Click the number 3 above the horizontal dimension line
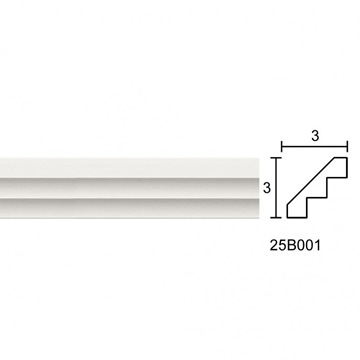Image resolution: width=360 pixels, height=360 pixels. pyautogui.click(x=315, y=136)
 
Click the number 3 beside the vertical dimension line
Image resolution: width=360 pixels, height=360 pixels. pyautogui.click(x=267, y=188)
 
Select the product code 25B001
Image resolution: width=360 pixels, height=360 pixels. pyautogui.click(x=295, y=246)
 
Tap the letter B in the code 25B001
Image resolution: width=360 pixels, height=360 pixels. pyautogui.click(x=291, y=246)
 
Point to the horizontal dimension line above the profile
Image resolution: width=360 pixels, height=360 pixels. pyautogui.click(x=315, y=146)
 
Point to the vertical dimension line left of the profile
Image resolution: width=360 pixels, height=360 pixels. pyautogui.click(x=276, y=187)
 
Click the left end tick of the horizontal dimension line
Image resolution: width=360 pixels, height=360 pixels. pyautogui.click(x=282, y=146)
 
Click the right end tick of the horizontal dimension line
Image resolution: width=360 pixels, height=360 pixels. pyautogui.click(x=347, y=146)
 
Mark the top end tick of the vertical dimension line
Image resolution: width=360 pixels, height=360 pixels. pyautogui.click(x=276, y=157)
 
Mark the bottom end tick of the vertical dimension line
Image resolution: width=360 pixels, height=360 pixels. pyautogui.click(x=276, y=217)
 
